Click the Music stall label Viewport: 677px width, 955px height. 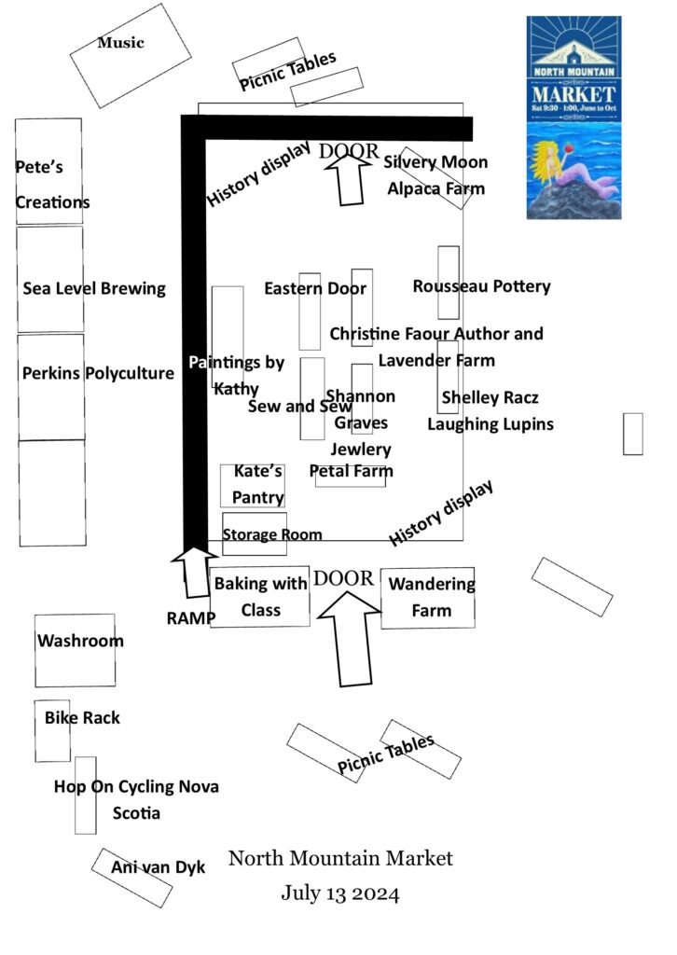coord(121,43)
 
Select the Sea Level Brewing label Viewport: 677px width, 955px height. coord(93,288)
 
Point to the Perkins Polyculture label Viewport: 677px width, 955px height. coord(97,374)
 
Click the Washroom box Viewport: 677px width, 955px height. coord(79,642)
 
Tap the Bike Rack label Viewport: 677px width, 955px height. coord(82,718)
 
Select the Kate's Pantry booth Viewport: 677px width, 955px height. coord(254,485)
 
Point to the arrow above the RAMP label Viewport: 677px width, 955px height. coord(194,570)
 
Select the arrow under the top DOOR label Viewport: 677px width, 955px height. coord(351,179)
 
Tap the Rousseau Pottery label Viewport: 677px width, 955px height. coord(481,286)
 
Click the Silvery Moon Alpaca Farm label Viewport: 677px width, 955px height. coord(436,175)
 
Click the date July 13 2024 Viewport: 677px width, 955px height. coord(340,894)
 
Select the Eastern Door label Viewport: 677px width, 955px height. coord(314,288)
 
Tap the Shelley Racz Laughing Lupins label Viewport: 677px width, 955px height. coord(490,411)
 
